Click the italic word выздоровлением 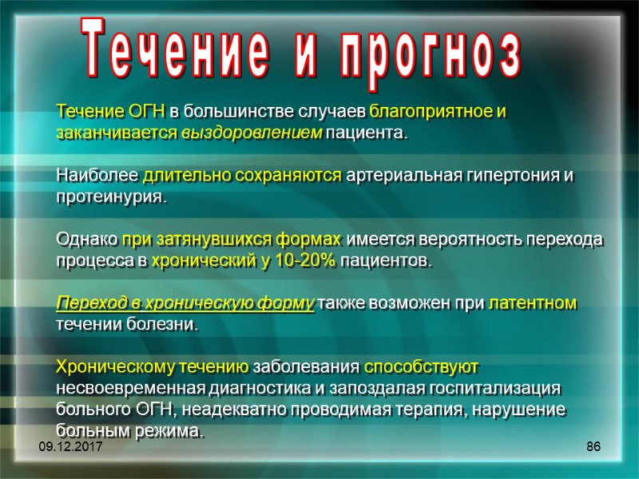(x=253, y=133)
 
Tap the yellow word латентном (x=532, y=303)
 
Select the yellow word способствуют (x=421, y=367)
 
